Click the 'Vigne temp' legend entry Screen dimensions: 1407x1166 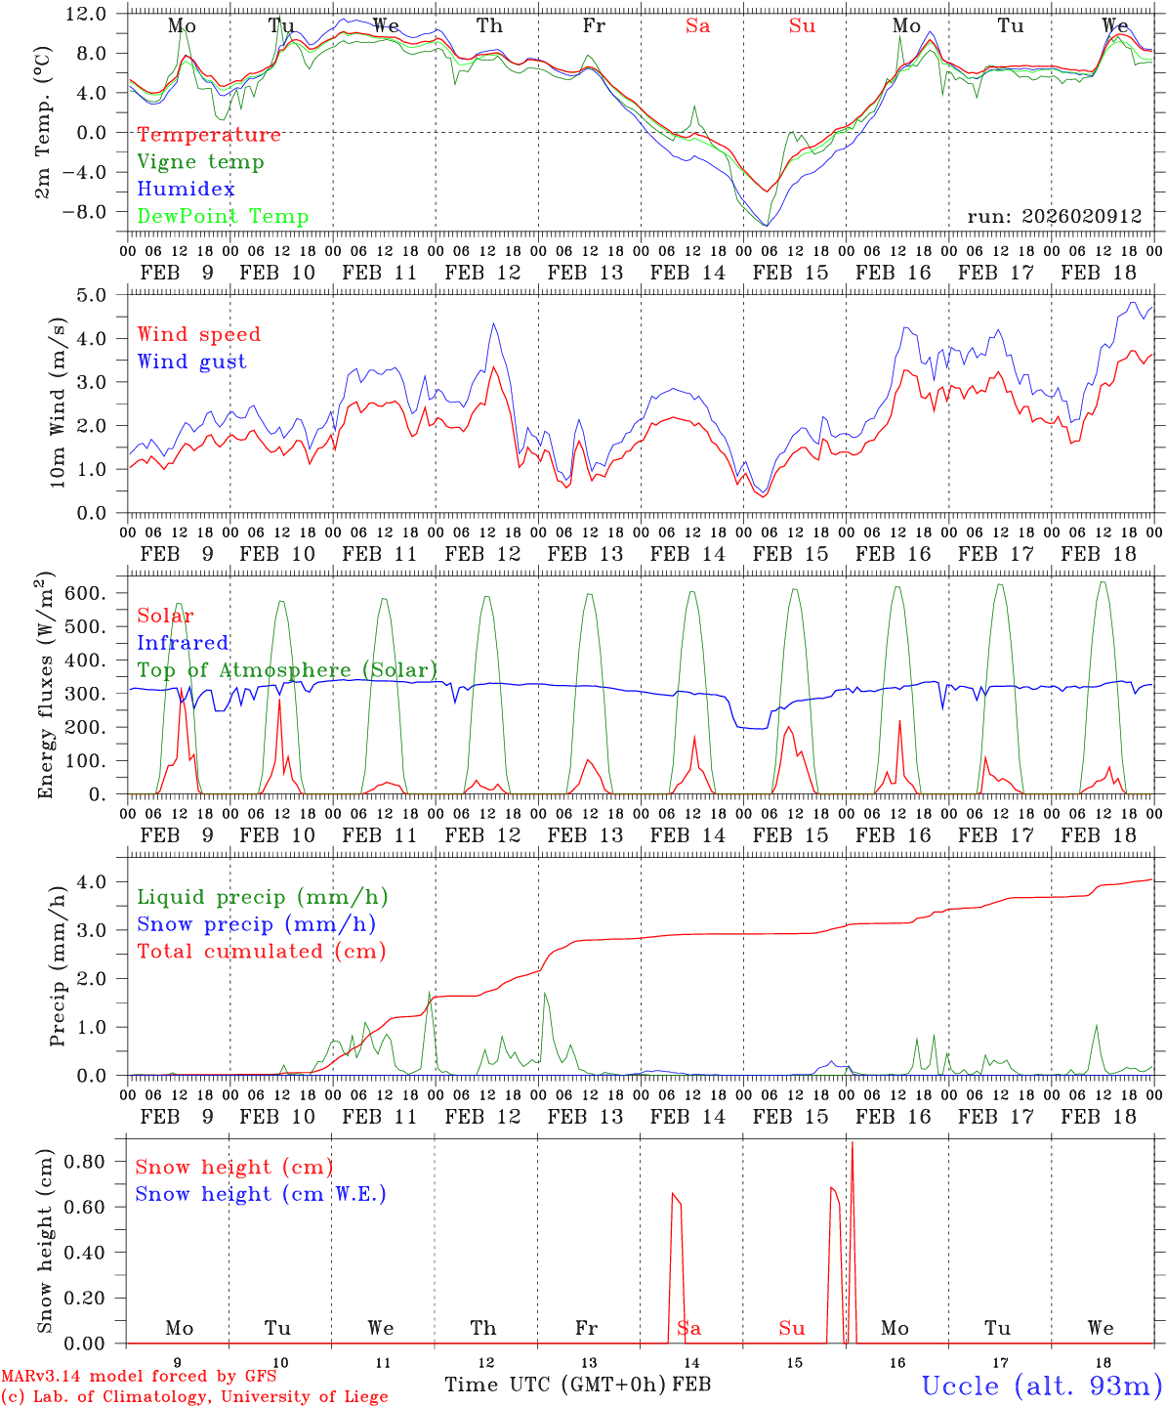point(200,162)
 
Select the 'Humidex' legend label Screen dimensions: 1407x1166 point(186,190)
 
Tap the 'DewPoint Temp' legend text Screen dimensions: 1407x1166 point(223,217)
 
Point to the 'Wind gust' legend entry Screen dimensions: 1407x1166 point(191,362)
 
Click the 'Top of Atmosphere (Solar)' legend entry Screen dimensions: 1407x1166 point(287,670)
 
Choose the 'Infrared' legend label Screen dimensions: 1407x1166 point(183,643)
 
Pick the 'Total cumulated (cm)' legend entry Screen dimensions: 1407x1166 point(261,951)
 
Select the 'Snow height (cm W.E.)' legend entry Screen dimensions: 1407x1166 point(261,1194)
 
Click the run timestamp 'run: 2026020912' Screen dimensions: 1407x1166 point(1054,216)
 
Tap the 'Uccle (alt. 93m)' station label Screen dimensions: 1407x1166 point(1042,1386)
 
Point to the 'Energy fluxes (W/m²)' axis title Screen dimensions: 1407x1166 point(44,687)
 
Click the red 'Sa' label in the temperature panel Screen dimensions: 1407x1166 point(697,26)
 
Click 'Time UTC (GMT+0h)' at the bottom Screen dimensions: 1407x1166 point(555,1385)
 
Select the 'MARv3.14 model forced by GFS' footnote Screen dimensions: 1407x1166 point(139,1377)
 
